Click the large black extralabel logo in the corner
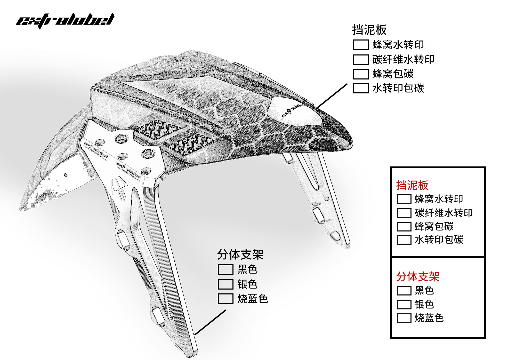coord(65,21)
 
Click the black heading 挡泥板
coord(369,30)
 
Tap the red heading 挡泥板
coord(412,185)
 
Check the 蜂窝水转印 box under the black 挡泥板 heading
coord(360,45)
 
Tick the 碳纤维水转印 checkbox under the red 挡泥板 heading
coord(404,213)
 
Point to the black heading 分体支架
coord(240,255)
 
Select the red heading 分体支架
coord(417,277)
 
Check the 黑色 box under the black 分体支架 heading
coord(225,269)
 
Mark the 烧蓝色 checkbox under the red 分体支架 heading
coord(404,318)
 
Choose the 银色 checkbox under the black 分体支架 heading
coord(225,284)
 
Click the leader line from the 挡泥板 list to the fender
coord(332,96)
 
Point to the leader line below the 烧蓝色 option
coord(210,322)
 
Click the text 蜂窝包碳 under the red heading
coord(434,227)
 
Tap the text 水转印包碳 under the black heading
coord(398,88)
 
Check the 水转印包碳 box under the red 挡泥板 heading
coord(404,240)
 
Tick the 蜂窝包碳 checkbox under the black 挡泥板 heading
coord(360,74)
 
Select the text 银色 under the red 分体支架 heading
coord(424,305)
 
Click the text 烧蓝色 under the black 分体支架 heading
coord(253,299)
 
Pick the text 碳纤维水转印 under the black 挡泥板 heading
coord(403,60)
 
